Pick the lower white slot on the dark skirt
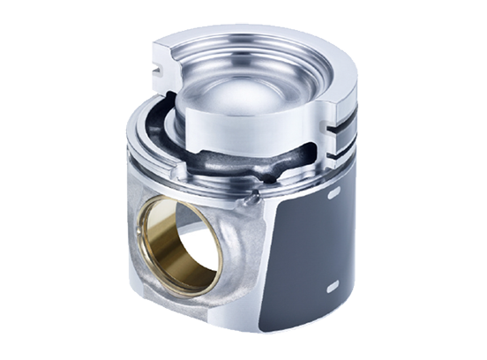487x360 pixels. click(x=332, y=287)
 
